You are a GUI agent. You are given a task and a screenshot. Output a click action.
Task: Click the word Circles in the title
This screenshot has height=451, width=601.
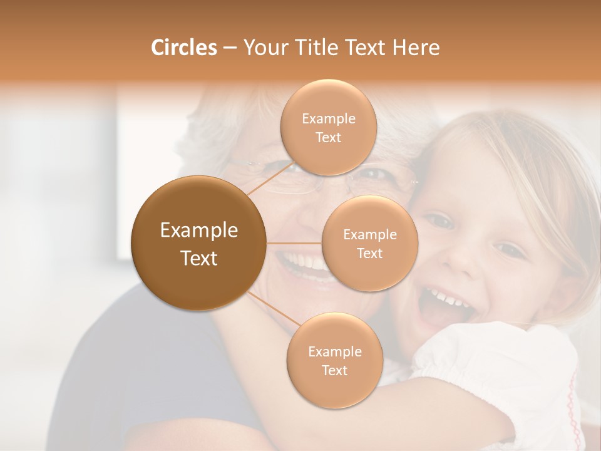pos(183,48)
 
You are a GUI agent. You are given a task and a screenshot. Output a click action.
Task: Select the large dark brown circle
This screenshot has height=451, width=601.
pos(198,243)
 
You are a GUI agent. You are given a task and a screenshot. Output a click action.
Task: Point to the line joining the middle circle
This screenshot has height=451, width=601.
pos(294,243)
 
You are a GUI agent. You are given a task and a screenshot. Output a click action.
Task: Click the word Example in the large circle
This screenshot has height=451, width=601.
pos(198,231)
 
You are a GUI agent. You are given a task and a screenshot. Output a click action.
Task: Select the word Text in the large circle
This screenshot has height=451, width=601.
pos(198,258)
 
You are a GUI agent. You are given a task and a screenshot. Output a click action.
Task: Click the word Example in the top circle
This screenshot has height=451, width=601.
pos(328,119)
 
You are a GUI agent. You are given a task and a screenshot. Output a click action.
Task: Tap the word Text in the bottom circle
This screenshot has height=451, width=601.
pos(334,371)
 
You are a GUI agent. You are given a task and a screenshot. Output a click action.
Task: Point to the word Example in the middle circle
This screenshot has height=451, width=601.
pos(369,235)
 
